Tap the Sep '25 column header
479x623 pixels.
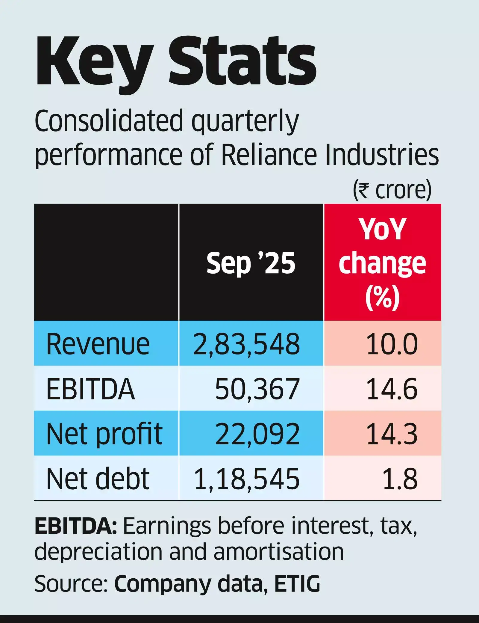pyautogui.click(x=251, y=263)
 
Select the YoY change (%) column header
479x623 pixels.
pyautogui.click(x=382, y=263)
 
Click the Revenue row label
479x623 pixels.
pyautogui.click(x=98, y=344)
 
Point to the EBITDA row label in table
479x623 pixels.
pyautogui.click(x=90, y=389)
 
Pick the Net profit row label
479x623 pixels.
pyautogui.click(x=104, y=434)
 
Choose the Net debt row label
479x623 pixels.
pyautogui.click(x=98, y=479)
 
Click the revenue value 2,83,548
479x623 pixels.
pyautogui.click(x=246, y=344)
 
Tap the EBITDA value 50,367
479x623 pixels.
pyautogui.click(x=257, y=389)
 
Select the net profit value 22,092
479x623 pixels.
pyautogui.click(x=257, y=434)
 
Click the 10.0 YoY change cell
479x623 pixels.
pyautogui.click(x=392, y=344)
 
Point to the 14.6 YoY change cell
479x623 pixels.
pyautogui.click(x=392, y=389)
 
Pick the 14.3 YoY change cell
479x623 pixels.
pyautogui.click(x=392, y=434)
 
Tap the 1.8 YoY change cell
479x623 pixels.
pyautogui.click(x=400, y=479)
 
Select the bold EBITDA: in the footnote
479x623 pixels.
pyautogui.click(x=76, y=526)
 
